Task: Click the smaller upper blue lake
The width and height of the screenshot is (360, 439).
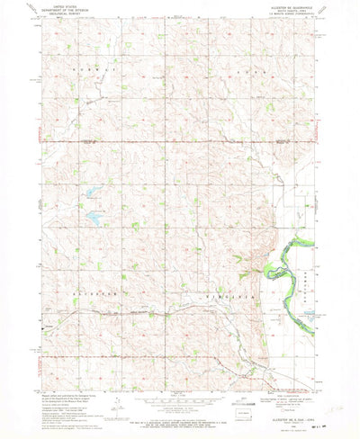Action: [91, 193]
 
